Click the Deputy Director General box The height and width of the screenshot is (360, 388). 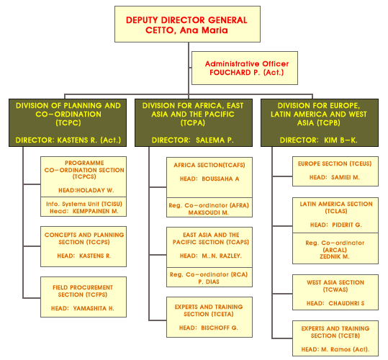(x=187, y=24)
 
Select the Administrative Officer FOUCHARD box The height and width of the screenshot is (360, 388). (x=245, y=68)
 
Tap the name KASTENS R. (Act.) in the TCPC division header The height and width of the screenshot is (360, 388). (x=89, y=140)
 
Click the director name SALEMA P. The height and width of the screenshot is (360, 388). (x=215, y=140)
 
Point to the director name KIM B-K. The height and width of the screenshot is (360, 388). (x=340, y=140)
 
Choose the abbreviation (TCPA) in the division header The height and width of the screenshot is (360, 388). (x=193, y=123)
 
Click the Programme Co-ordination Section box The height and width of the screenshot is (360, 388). (x=84, y=176)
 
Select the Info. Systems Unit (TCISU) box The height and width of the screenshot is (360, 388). (x=84, y=207)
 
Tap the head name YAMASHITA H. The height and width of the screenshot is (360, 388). (x=94, y=308)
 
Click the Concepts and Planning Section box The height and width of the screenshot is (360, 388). (x=84, y=246)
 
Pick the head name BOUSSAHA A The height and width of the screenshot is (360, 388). (x=220, y=179)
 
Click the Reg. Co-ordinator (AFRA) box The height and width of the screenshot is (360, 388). (x=209, y=207)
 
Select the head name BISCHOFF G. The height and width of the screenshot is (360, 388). (x=220, y=328)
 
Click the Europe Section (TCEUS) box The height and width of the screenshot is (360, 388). (x=335, y=171)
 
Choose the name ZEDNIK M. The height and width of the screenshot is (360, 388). (x=334, y=256)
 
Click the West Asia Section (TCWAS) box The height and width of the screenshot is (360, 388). (x=335, y=292)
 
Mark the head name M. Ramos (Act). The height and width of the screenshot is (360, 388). (x=346, y=349)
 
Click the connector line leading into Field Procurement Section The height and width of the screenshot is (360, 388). (x=32, y=298)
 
